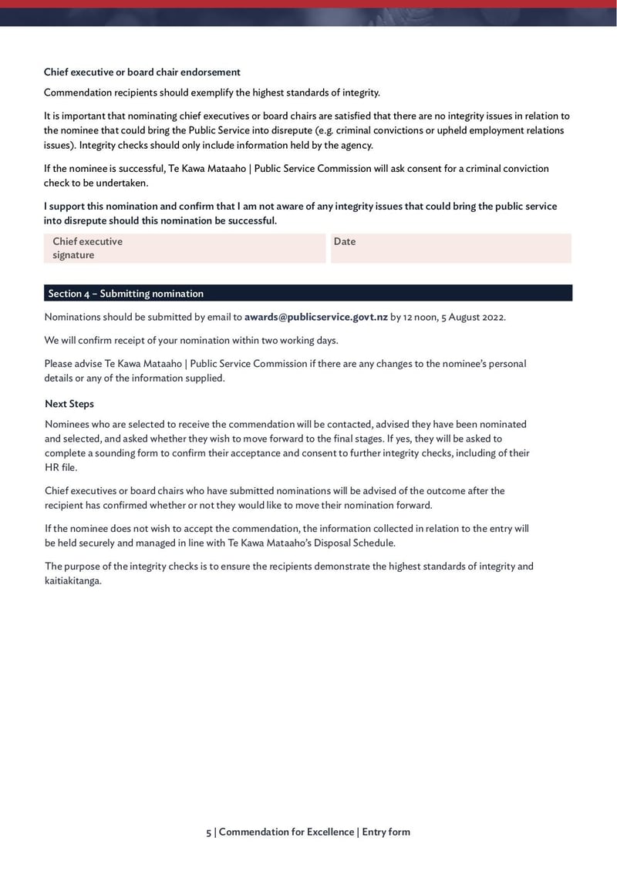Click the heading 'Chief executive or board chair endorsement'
pos(142,72)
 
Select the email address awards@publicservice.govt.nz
pos(316,317)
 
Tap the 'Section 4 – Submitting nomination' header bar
pos(308,294)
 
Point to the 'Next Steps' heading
pos(69,404)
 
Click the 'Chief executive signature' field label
pos(87,248)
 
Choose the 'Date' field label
pos(345,241)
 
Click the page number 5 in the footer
pos(208,832)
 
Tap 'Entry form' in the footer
pos(386,832)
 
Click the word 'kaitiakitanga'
pos(72,580)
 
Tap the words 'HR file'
pos(61,467)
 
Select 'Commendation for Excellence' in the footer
pos(287,832)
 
